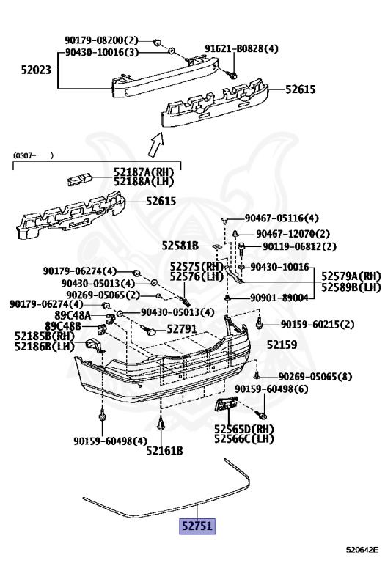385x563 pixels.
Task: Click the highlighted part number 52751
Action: click(197, 526)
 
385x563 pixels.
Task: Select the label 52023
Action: click(36, 70)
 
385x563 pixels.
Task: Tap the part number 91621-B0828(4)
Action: click(241, 48)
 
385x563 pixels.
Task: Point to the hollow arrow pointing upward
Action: click(157, 144)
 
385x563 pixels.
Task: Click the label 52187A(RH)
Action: click(144, 172)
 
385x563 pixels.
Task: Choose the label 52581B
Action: click(180, 246)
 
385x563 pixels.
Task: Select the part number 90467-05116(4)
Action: click(282, 218)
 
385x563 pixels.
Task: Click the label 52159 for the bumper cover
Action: click(282, 345)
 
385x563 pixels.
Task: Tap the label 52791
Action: click(182, 329)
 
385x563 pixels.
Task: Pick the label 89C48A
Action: click(73, 316)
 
